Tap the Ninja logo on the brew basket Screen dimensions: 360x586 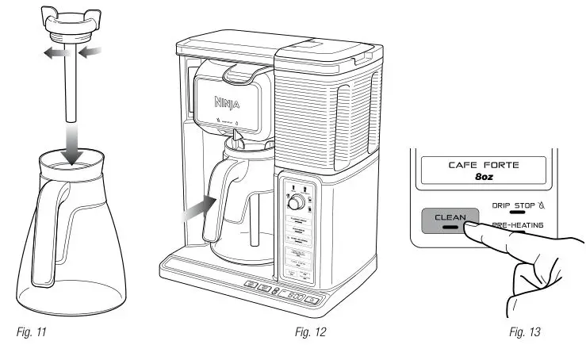click(x=231, y=101)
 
